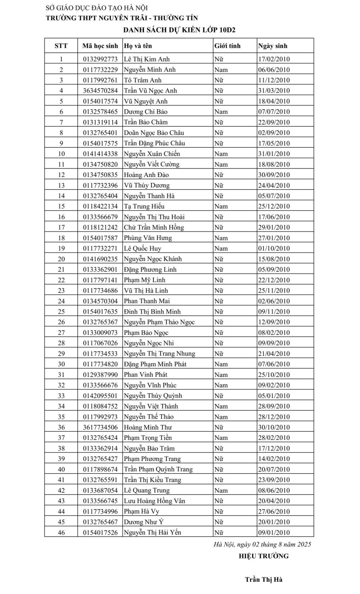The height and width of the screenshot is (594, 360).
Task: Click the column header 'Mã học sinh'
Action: [100, 46]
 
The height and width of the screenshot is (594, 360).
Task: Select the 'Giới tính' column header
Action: [227, 46]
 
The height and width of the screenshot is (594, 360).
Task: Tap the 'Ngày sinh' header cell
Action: [272, 46]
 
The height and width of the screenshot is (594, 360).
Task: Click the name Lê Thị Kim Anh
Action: [146, 59]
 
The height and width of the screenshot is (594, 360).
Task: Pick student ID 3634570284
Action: [100, 91]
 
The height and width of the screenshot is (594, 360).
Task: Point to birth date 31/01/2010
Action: [274, 154]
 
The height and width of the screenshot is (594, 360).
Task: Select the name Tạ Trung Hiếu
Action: [144, 206]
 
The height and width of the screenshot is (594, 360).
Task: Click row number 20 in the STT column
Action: [61, 259]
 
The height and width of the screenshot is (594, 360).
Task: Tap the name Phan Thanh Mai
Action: [147, 301]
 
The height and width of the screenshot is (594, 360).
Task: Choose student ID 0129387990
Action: [100, 375]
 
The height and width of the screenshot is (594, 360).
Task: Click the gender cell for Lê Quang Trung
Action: [221, 490]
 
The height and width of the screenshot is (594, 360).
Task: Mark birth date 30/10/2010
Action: [274, 427]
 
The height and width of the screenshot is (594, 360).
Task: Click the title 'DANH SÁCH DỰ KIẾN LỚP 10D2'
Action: [179, 29]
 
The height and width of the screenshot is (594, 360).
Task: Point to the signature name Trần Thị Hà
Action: [263, 579]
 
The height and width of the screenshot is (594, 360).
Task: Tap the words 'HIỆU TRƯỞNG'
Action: [263, 556]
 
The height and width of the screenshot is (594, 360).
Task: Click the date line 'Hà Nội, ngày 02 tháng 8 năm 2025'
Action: [262, 544]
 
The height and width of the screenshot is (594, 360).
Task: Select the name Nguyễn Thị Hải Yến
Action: [152, 533]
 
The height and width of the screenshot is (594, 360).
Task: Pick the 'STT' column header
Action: [61, 46]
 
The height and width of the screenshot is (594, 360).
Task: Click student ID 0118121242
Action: [100, 227]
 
